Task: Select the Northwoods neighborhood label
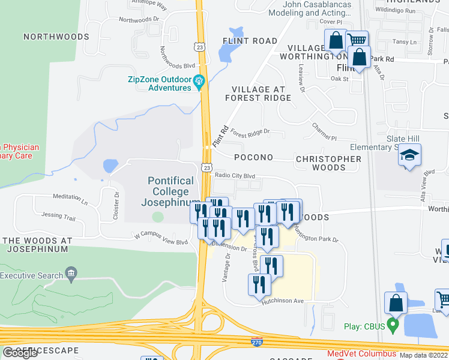[56, 37]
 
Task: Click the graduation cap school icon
[410, 156]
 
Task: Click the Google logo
[20, 353]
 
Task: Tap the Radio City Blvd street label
[235, 176]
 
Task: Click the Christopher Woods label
[328, 163]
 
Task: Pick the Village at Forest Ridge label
[258, 94]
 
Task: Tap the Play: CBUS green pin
[393, 326]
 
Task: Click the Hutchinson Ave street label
[283, 302]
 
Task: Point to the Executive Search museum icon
[71, 275]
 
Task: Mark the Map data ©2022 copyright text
[423, 355]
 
